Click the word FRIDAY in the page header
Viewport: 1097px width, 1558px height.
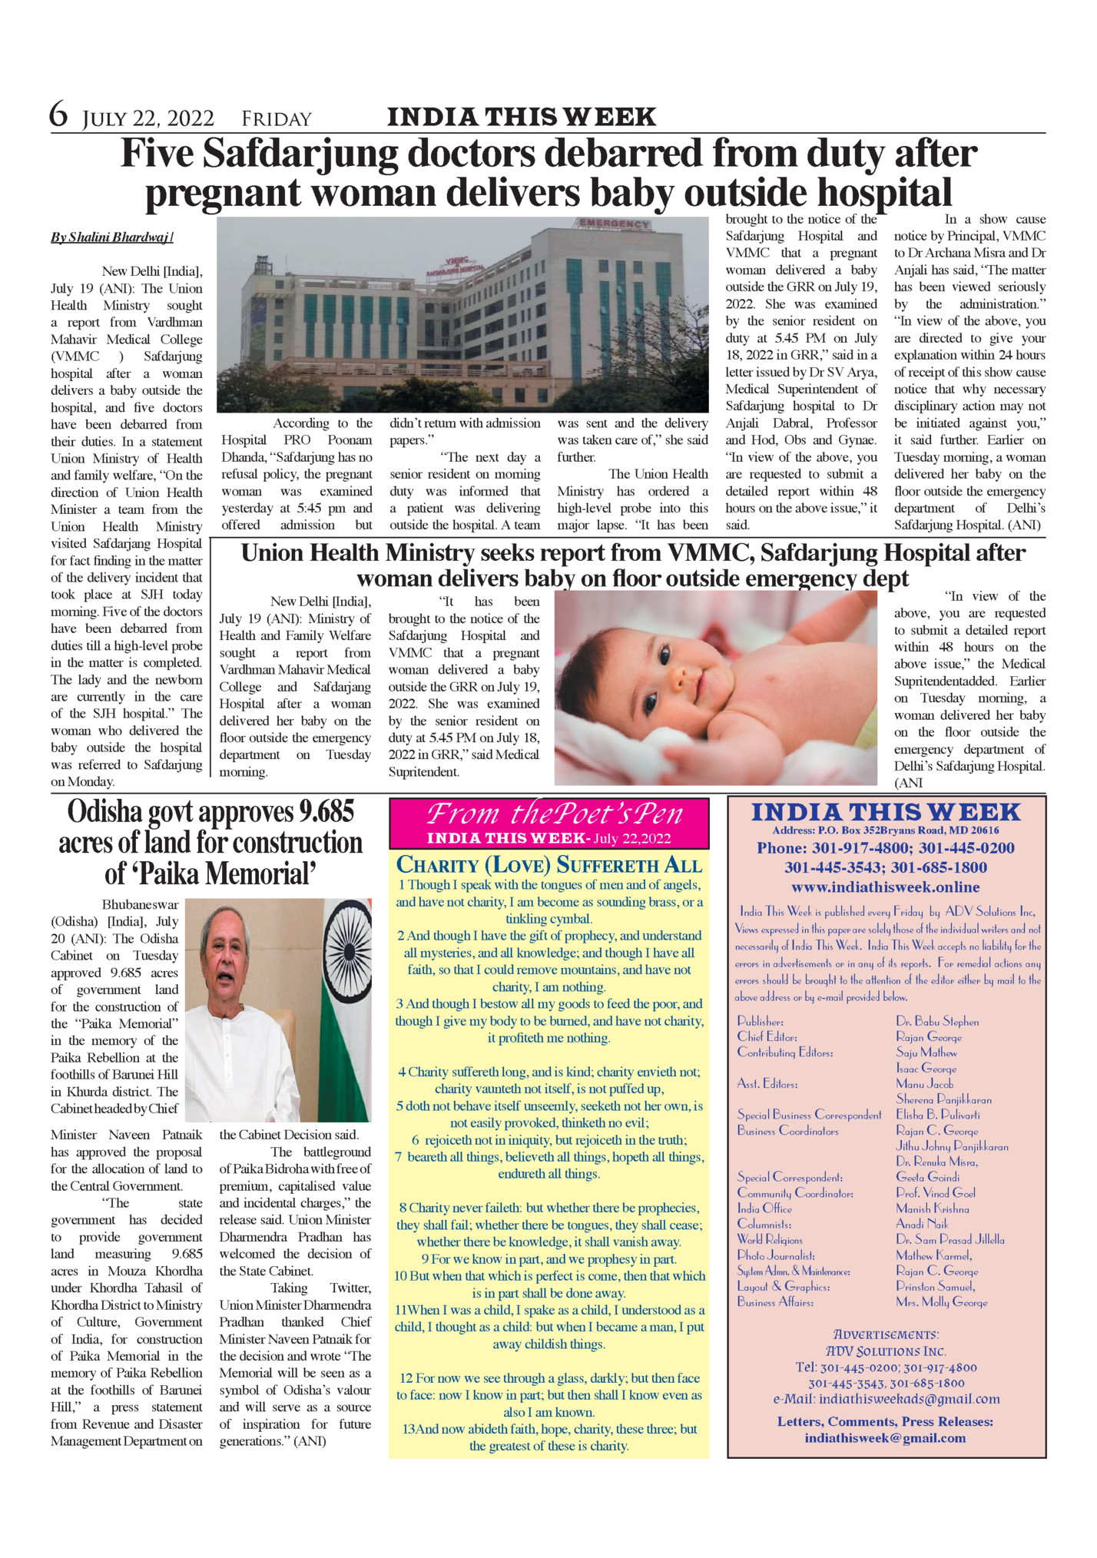click(277, 119)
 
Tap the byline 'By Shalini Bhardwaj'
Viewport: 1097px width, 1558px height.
click(111, 237)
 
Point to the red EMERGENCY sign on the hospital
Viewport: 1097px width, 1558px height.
click(614, 224)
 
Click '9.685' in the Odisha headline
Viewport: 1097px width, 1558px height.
click(326, 812)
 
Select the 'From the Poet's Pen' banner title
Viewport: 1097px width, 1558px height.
click(554, 814)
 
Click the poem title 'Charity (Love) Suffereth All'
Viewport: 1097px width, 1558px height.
click(548, 865)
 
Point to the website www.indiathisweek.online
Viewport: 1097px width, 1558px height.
click(885, 887)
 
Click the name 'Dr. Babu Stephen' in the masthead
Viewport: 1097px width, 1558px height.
click(937, 1022)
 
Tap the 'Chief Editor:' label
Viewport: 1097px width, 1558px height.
click(767, 1037)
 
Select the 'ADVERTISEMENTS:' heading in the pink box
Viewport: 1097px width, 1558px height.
click(886, 1334)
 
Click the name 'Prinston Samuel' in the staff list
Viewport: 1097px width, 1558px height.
click(935, 1286)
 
